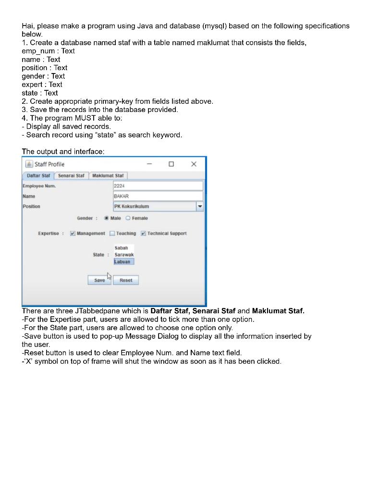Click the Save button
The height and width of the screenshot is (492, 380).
tap(99, 280)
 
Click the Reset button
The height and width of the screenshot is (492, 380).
tap(126, 280)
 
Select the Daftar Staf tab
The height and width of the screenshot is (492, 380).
tap(38, 176)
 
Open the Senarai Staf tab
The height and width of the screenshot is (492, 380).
tap(71, 176)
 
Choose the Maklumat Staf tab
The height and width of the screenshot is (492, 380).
tap(108, 176)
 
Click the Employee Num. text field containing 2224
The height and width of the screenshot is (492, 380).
tap(158, 186)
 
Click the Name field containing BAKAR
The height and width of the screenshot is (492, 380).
tap(158, 196)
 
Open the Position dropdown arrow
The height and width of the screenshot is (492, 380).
tap(200, 206)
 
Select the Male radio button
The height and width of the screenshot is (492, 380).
tap(106, 218)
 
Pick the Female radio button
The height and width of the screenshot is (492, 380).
tap(128, 218)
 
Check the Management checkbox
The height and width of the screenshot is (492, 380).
tap(73, 234)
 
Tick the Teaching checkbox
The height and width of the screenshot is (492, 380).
tap(112, 234)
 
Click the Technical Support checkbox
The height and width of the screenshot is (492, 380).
tap(143, 234)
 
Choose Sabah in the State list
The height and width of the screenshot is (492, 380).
tap(122, 248)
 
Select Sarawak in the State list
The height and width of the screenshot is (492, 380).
tap(124, 255)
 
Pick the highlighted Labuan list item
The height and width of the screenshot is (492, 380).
tap(123, 262)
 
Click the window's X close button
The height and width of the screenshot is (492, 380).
tap(194, 164)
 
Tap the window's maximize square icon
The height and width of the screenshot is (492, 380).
tap(171, 164)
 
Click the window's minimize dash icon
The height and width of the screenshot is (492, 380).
tap(149, 164)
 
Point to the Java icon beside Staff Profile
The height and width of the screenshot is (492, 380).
tap(29, 164)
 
